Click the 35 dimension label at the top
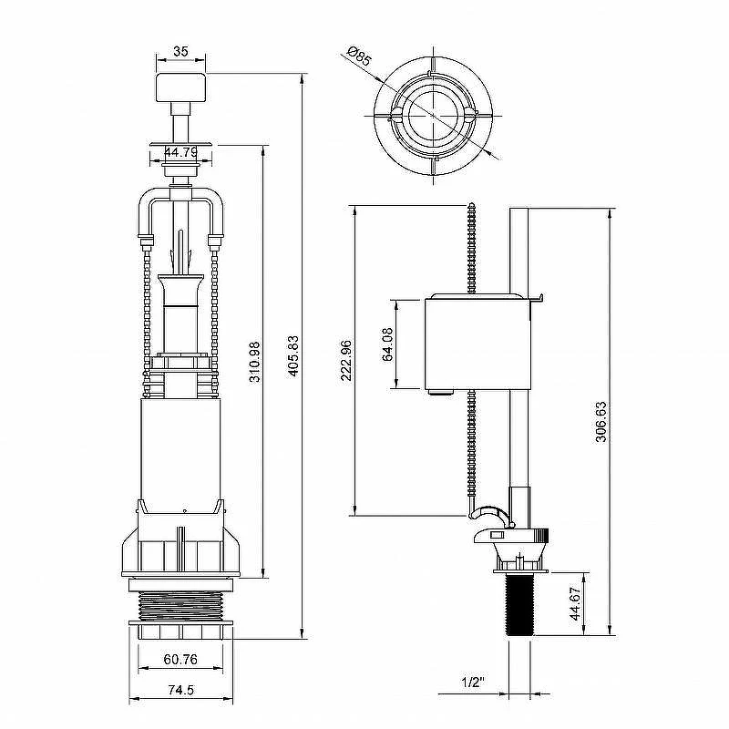click(180, 51)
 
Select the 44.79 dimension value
click(180, 152)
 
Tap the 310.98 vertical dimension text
click(254, 362)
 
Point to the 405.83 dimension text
click(293, 355)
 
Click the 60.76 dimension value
click(180, 659)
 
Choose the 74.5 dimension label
click(180, 690)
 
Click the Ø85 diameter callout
click(359, 56)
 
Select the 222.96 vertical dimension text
click(346, 360)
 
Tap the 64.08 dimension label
click(387, 344)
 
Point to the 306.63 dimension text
click(601, 421)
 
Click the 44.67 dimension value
click(576, 603)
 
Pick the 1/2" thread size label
click(473, 682)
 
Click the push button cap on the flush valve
click(180, 87)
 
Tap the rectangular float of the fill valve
click(477, 344)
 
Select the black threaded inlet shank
click(519, 603)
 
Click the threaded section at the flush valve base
click(180, 605)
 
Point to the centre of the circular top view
click(434, 116)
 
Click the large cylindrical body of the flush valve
click(180, 449)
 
